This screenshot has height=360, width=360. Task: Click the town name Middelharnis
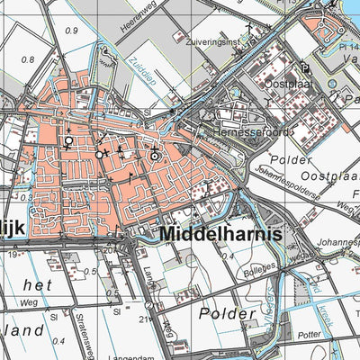pos(220,235)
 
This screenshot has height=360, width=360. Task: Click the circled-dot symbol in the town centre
pos(155,156)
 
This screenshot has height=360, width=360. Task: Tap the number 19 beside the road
pos(12,255)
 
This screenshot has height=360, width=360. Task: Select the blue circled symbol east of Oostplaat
pos(333,83)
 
